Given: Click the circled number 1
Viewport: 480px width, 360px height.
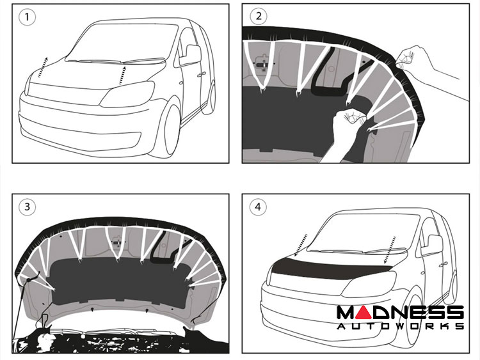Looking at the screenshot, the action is pos(27,17).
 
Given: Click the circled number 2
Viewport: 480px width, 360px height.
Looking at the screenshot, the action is pos(258,17).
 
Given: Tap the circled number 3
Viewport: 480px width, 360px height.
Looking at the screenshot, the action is pos(27,207).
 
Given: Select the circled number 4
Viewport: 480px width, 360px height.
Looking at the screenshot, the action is pos(258,207).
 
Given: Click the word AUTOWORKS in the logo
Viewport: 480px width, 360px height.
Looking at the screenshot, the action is pos(400,325).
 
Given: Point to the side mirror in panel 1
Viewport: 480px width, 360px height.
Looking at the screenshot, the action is pos(190,55).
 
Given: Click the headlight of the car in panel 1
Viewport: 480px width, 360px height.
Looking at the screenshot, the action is pos(128,94).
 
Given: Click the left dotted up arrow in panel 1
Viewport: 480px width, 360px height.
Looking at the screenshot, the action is pos(43,67).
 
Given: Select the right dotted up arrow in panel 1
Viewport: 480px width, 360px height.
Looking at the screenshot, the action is pos(122,75).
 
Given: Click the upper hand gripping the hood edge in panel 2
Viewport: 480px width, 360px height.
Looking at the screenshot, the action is pos(431,69).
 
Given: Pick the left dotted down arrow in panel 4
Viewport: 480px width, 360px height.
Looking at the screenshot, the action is pos(301,245).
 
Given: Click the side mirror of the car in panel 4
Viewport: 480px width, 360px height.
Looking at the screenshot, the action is pos(432,246).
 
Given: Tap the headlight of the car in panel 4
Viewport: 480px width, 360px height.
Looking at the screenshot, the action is pos(369,283).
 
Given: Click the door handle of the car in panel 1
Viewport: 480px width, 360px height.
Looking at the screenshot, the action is pos(202,74).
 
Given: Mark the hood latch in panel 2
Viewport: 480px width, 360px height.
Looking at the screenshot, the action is pos(262,63).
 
